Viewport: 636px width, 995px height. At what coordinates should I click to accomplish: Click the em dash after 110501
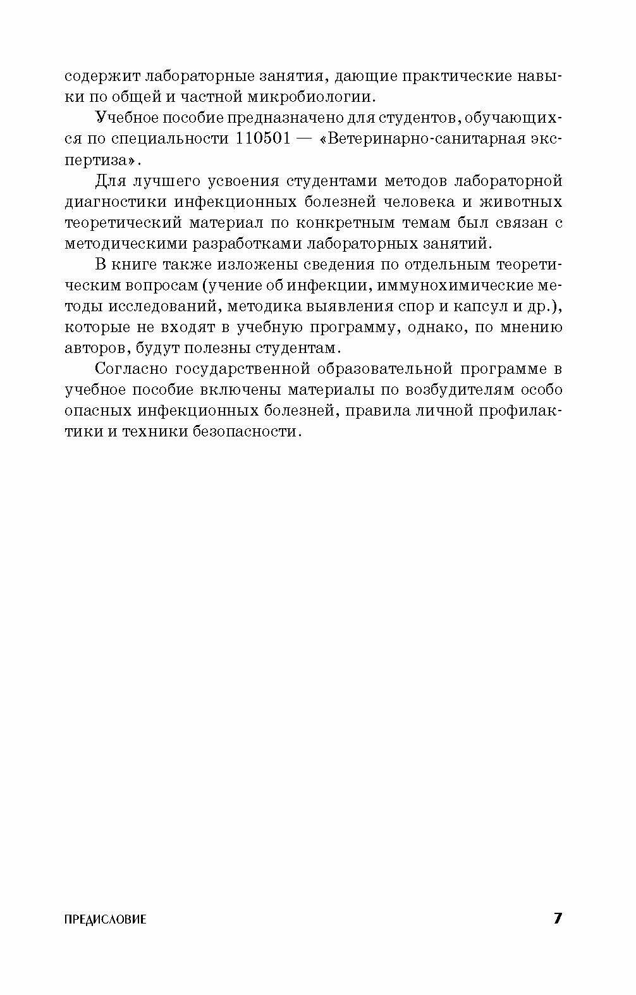pyautogui.click(x=307, y=139)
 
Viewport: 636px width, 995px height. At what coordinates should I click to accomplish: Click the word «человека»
pyautogui.click(x=442, y=202)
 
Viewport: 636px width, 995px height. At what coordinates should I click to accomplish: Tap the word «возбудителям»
pyautogui.click(x=455, y=390)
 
